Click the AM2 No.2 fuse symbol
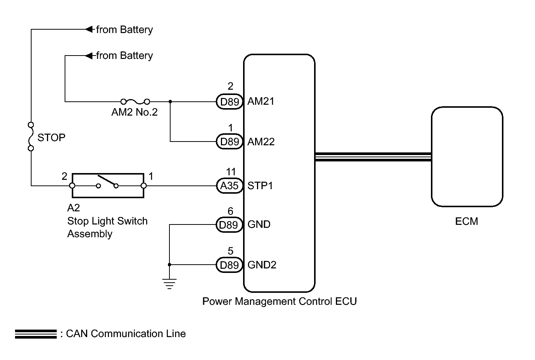point(135,101)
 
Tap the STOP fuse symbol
point(31,136)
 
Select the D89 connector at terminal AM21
point(230,102)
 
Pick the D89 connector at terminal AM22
point(230,142)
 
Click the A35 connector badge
point(230,186)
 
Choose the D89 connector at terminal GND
point(229,225)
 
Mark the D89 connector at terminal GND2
point(229,265)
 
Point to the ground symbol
point(169,284)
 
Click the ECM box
point(467,157)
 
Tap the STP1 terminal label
point(260,186)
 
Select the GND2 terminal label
point(262,265)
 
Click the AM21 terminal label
point(261,101)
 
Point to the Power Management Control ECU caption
point(279,301)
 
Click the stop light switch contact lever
point(107,181)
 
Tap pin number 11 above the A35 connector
point(231,172)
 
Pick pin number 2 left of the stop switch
point(64,176)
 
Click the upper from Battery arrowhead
point(89,29)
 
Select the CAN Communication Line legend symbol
point(36,334)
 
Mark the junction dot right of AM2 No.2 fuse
point(170,101)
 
